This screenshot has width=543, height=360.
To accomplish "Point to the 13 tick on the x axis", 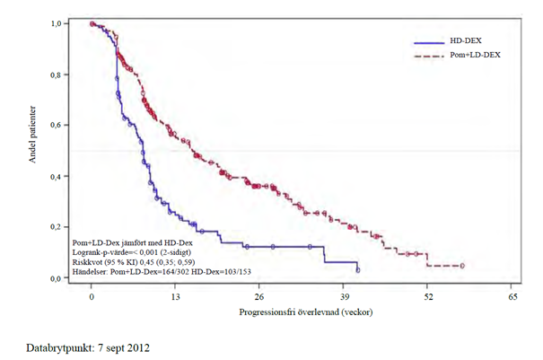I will click(176, 295).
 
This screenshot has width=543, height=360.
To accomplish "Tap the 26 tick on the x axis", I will click(259, 295).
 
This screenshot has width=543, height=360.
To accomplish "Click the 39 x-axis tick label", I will click(344, 295).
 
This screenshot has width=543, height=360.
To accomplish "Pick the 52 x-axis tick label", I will click(427, 295).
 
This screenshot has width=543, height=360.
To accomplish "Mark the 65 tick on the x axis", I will click(512, 295).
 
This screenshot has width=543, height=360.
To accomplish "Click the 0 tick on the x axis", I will click(92, 295).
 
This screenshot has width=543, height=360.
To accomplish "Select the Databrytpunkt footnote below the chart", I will click(87, 347).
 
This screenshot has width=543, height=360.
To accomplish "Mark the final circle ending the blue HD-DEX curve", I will click(358, 269).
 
